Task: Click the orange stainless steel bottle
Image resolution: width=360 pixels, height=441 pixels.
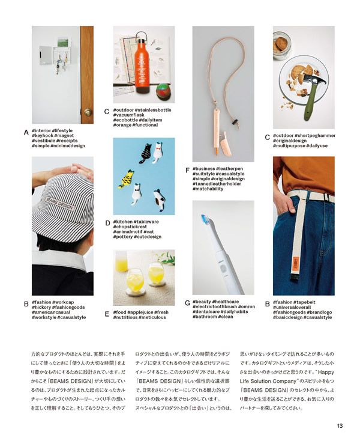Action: coord(142,65)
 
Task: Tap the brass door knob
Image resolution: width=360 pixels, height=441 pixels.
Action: coord(88,112)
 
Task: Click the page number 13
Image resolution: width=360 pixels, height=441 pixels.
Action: coord(339,426)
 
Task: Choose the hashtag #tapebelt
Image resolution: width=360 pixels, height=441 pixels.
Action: coord(306,302)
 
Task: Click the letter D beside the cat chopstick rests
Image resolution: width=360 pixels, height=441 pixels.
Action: coord(107,223)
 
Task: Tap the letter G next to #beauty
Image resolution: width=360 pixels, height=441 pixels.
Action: coord(187,302)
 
